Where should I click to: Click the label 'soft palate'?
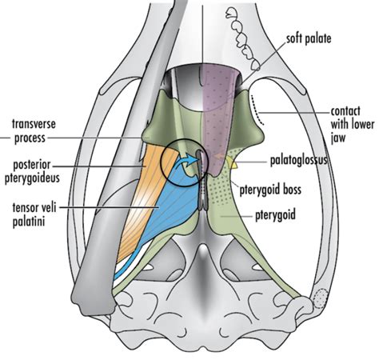pos(309,38)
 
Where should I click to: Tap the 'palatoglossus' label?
pos(298,161)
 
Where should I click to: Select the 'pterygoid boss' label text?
pos(270,190)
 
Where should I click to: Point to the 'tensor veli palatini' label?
pos(34,214)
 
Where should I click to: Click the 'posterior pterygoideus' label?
pos(32,171)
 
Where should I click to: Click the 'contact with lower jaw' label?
pos(353,125)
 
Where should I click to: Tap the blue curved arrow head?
pos(193,159)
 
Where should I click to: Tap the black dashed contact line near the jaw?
pos(257,110)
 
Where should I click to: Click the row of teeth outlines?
pos(243,38)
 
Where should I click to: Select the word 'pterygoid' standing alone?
pos(275,215)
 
